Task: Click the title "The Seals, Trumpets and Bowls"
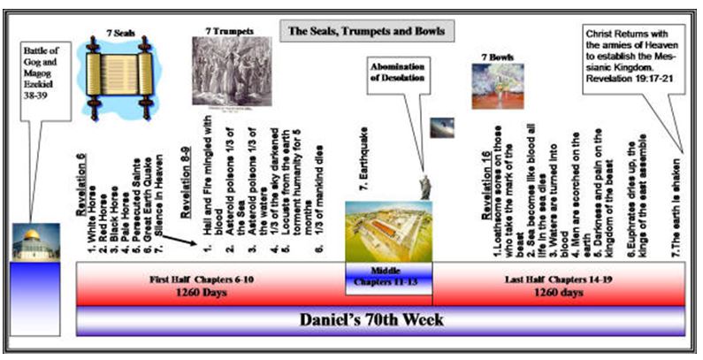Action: pos(365,31)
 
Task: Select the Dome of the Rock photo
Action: pos(35,242)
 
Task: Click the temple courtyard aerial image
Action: pos(388,232)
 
